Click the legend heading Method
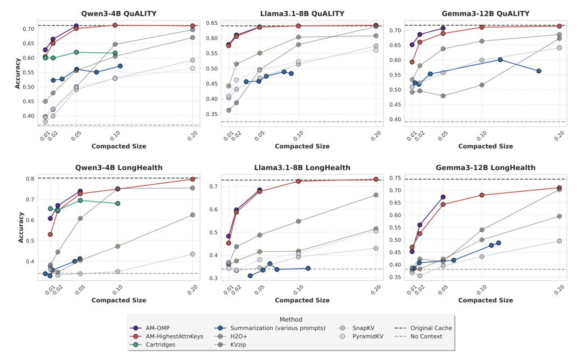(291, 319)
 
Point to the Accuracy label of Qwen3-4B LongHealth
(20, 227)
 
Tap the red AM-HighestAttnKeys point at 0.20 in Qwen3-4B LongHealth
(192, 179)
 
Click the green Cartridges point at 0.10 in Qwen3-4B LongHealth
(117, 203)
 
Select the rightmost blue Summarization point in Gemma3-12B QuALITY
(538, 71)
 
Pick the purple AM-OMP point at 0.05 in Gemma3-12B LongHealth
(443, 197)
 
